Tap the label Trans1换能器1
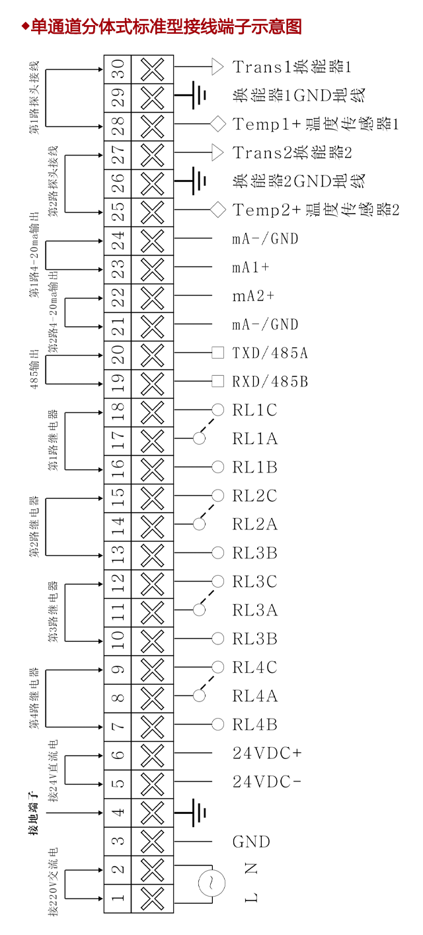coord(291,67)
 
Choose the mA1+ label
coord(250,267)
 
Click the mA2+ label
coord(253,296)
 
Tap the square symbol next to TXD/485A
coord(217,353)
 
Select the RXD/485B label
coord(270,382)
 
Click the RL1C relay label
coord(254,410)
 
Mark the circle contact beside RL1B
coord(217,467)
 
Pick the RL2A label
coord(254,525)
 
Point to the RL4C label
coord(254,668)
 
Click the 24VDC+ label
coord(267,753)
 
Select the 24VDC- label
coord(267,782)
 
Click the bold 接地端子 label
coord(33,813)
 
